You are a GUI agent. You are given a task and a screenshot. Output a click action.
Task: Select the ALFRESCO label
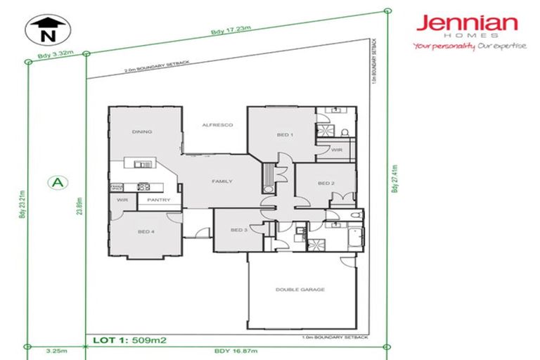[217, 125]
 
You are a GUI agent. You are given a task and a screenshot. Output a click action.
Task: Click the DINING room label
[143, 131]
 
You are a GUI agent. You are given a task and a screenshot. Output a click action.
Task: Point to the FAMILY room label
[222, 181]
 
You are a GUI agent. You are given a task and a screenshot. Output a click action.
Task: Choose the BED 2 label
[325, 184]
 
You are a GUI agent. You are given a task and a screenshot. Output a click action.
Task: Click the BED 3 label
[239, 230]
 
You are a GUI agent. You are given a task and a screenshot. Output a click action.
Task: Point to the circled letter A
[58, 182]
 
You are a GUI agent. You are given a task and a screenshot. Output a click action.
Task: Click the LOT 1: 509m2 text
[129, 341]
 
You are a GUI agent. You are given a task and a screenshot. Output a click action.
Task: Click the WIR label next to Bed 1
[336, 149]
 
